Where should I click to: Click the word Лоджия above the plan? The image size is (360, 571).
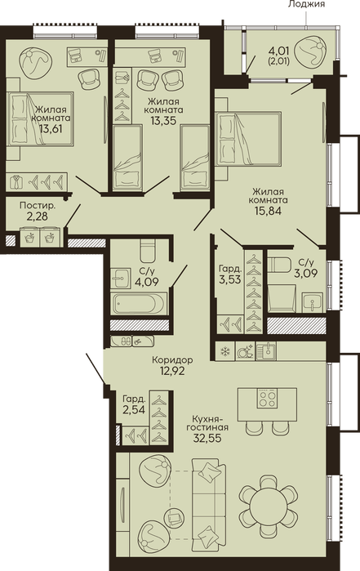point(306,4)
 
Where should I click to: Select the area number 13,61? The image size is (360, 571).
point(51,128)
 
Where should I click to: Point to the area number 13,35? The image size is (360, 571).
point(163,120)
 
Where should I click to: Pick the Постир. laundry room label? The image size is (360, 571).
point(38,206)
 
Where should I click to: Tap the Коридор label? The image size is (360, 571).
point(172,360)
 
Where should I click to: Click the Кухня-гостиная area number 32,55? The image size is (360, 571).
point(207,438)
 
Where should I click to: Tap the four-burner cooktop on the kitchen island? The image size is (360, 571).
point(268,398)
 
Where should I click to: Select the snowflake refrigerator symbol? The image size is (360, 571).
point(225,351)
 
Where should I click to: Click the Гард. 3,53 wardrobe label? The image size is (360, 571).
point(230,274)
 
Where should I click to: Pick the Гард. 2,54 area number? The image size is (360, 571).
point(134,410)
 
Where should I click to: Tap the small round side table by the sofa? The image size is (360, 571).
point(176,517)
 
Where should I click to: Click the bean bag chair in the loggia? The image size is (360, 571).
point(309,51)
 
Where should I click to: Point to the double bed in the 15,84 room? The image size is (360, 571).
point(248,139)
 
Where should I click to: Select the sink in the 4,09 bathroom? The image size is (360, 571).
point(120,279)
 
